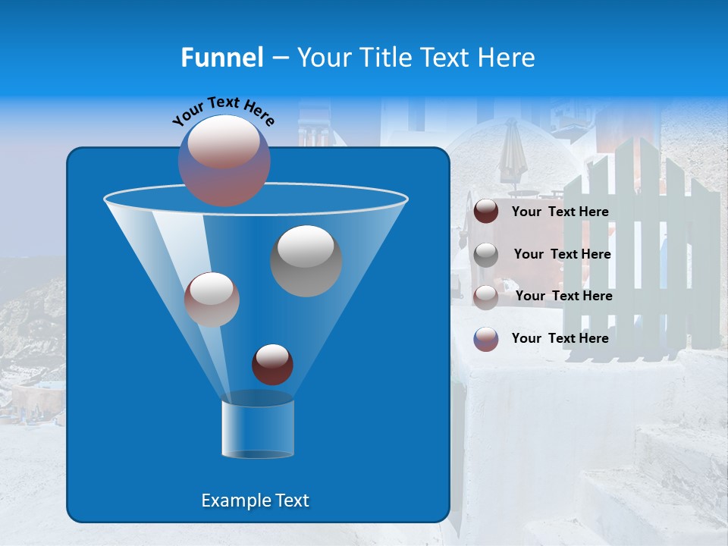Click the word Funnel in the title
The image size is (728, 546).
click(221, 58)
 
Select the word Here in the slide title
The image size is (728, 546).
click(507, 58)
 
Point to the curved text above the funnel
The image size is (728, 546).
click(223, 110)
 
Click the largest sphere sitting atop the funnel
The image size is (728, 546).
click(224, 160)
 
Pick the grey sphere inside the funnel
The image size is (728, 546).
click(306, 260)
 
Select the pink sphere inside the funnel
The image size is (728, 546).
click(212, 299)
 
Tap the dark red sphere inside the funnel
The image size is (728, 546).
click(272, 364)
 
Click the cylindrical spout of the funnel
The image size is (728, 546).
click(258, 429)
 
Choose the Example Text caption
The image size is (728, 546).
click(255, 500)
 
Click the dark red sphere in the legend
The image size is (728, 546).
click(486, 212)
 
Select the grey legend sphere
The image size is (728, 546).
click(486, 254)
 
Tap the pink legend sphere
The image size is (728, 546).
click(486, 297)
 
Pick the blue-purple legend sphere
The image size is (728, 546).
click(486, 339)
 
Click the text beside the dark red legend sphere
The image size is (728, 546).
click(560, 212)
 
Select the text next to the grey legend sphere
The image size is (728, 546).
click(562, 255)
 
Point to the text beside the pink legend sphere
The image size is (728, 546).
click(563, 297)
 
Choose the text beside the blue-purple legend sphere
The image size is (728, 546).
click(560, 339)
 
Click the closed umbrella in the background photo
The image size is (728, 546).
click(512, 155)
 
